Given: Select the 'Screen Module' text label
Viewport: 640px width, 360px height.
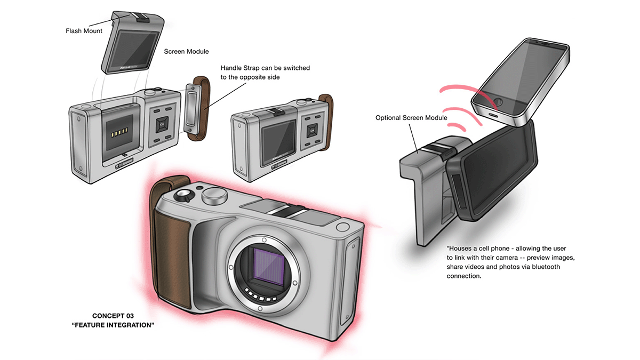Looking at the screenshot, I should (x=186, y=52).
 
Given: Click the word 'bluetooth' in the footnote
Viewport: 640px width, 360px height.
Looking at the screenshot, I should (x=542, y=267).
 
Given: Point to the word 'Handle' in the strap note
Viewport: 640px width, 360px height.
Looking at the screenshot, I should (x=233, y=68).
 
